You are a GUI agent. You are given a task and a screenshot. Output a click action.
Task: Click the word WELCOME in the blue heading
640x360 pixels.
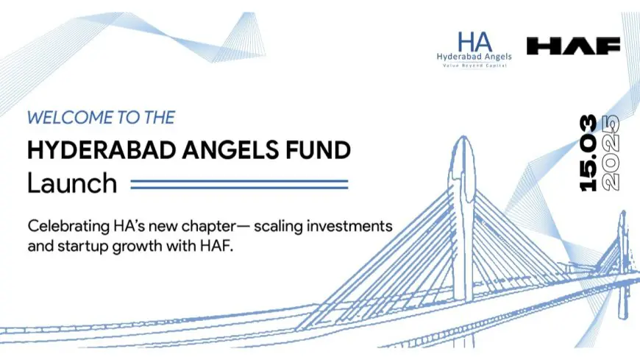(x=65, y=118)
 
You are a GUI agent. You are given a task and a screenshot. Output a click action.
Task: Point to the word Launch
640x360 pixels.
(x=72, y=183)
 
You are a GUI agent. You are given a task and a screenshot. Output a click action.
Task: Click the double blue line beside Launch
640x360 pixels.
(x=239, y=184)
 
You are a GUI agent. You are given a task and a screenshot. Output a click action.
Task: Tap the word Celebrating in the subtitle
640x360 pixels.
(x=68, y=227)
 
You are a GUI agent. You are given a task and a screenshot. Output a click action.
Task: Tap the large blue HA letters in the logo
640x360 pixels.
(x=474, y=42)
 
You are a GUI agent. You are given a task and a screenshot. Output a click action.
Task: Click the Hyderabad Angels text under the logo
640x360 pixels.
(x=474, y=57)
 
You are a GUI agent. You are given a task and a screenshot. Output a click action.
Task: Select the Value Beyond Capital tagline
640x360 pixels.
(x=474, y=66)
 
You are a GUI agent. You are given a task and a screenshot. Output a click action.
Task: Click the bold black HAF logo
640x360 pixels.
(x=573, y=46)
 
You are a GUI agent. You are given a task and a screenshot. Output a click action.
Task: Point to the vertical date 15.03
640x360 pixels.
(x=588, y=153)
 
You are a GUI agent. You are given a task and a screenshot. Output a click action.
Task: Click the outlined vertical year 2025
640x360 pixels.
(x=611, y=153)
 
